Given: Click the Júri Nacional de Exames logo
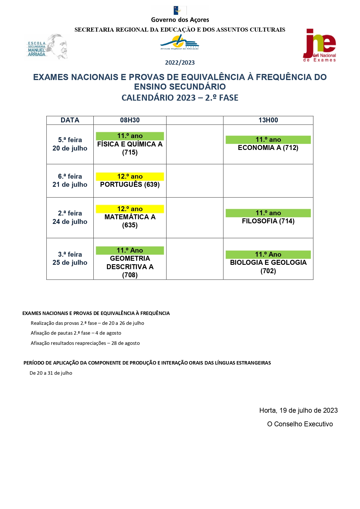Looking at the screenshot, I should point(319,46).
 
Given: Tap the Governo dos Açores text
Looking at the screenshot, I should point(180,20).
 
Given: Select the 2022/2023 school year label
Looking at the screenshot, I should point(180,63).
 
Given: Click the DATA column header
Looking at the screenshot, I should point(70,120).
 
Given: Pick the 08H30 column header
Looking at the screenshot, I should point(130,120).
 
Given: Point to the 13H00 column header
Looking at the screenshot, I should point(268,120).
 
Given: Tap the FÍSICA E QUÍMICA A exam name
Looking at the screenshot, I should point(130,144).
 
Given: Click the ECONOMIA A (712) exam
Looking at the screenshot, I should point(268,148).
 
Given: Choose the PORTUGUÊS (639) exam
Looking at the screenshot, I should point(130,184).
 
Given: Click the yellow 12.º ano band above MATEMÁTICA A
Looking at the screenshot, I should point(130,209).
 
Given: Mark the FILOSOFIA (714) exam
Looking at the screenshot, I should point(268,221).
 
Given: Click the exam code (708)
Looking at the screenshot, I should point(130,275).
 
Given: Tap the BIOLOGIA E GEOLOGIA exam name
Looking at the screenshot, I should point(268,262).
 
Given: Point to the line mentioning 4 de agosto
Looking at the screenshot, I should point(76,333).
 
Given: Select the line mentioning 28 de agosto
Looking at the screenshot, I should point(85,343).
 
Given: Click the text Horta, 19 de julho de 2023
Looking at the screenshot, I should point(298,410).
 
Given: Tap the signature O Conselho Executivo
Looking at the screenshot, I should point(300,424).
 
